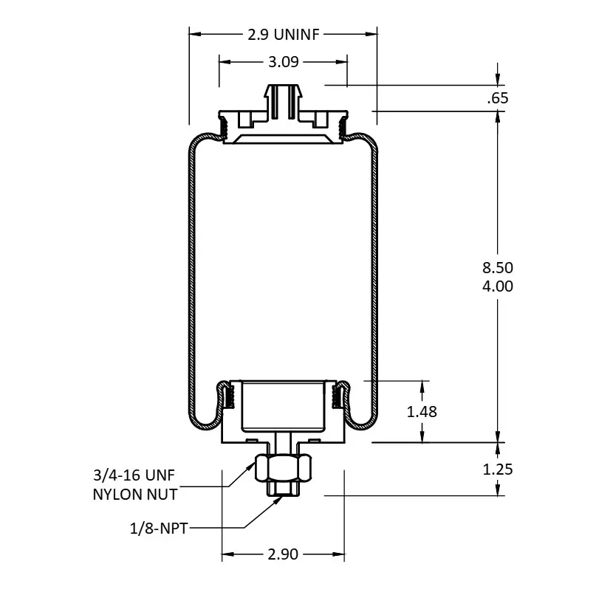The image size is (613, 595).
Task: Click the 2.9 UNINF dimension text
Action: click(x=284, y=35)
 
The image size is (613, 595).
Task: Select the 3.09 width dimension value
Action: click(x=284, y=62)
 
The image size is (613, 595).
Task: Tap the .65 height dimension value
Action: click(x=498, y=97)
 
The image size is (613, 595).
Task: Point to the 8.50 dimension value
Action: click(x=498, y=268)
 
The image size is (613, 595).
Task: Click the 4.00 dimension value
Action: click(x=498, y=286)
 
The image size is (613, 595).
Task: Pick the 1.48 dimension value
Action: click(x=422, y=411)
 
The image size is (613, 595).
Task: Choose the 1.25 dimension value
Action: click(x=498, y=470)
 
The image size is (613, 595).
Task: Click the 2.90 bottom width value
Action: click(x=283, y=554)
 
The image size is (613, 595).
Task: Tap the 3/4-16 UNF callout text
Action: click(x=134, y=475)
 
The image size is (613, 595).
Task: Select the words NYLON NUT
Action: click(x=135, y=495)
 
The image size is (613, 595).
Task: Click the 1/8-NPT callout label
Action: click(x=159, y=529)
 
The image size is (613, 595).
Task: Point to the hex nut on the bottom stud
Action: click(x=283, y=467)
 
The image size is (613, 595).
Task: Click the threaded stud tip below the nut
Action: click(x=283, y=489)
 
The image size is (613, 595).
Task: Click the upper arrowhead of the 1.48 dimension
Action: click(x=422, y=386)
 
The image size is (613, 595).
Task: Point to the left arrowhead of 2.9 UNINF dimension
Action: click(x=195, y=34)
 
